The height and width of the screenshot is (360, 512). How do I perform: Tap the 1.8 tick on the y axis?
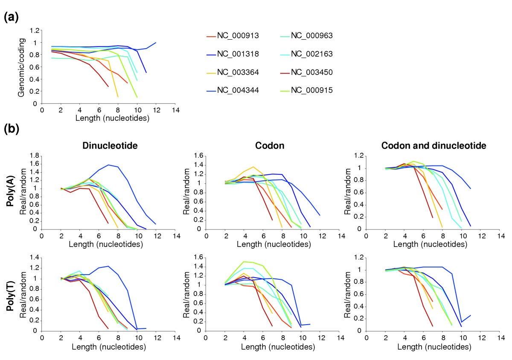click(33, 156)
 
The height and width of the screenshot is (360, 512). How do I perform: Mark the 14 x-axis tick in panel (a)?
click(173, 110)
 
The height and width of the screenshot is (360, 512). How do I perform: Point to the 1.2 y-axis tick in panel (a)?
click(33, 31)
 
